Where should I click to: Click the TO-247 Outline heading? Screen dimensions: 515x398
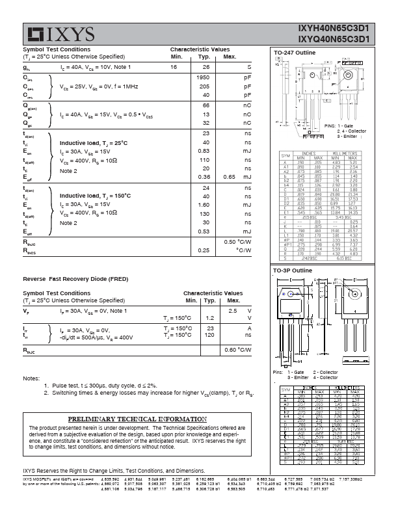click(295, 52)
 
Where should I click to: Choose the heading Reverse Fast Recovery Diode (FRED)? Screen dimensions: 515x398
click(76, 278)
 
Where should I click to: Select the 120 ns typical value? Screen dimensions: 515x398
click(209, 335)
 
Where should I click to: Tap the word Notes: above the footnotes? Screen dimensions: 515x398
click(31, 378)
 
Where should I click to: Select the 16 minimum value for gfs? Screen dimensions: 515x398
click(174, 68)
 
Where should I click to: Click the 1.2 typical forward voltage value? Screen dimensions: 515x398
click(209, 318)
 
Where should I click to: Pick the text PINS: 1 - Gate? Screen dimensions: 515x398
click(339, 124)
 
